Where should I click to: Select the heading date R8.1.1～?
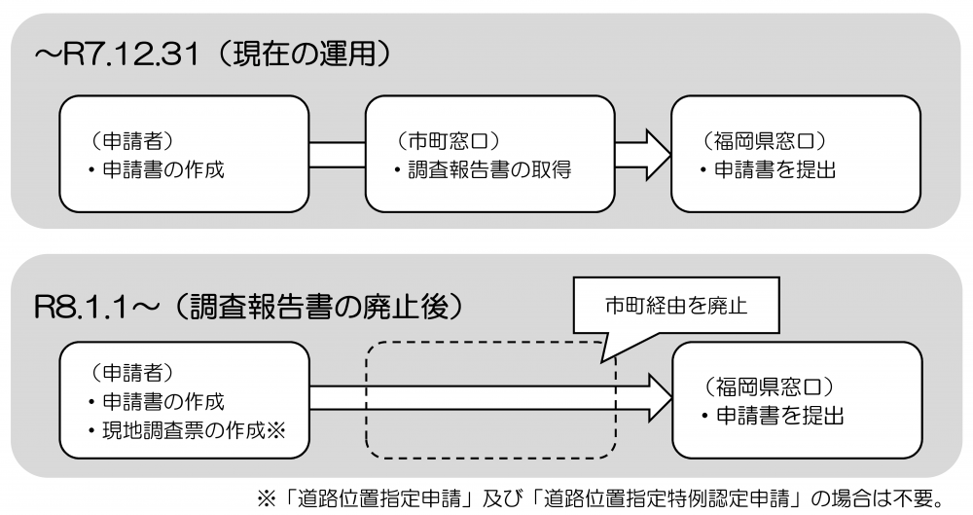point(91,308)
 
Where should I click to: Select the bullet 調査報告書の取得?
point(483,170)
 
